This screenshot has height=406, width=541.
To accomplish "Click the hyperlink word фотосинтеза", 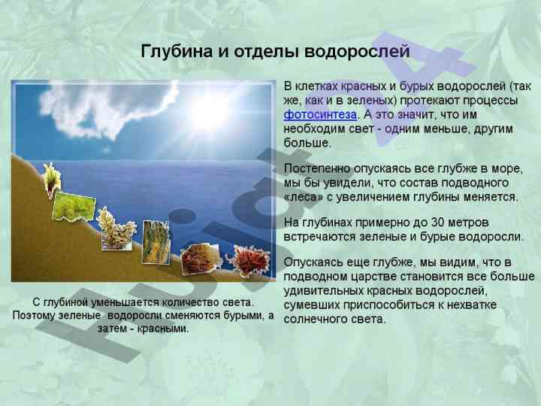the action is pyautogui.click(x=320, y=115).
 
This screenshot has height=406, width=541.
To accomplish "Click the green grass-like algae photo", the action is pyautogui.click(x=74, y=207).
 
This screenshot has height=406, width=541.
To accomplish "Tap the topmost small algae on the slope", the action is pyautogui.click(x=51, y=180).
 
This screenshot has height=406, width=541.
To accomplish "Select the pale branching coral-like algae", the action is pyautogui.click(x=116, y=229).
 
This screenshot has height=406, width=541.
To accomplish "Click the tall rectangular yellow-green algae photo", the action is pyautogui.click(x=156, y=242).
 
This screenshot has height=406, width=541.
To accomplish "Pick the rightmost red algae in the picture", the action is pyautogui.click(x=249, y=261).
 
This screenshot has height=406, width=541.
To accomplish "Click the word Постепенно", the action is pyautogui.click(x=317, y=169).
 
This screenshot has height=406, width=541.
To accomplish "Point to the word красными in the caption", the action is pyautogui.click(x=163, y=329).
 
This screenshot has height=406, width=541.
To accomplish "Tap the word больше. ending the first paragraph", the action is pyautogui.click(x=307, y=143).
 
